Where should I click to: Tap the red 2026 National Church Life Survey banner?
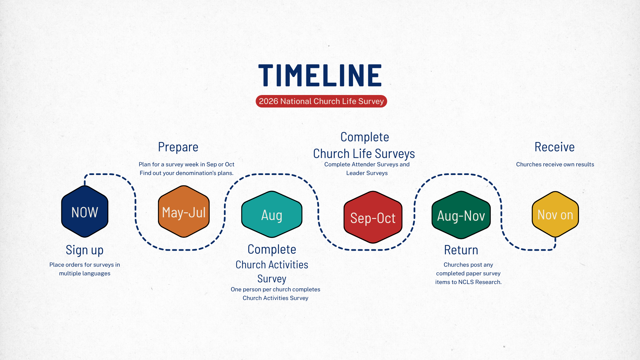(321, 101)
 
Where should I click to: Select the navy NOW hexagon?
(85, 212)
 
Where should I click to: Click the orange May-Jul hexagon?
(184, 212)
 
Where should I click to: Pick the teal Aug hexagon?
(272, 214)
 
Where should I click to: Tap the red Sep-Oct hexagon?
(373, 217)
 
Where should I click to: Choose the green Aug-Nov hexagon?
(461, 215)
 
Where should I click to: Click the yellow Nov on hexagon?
(555, 214)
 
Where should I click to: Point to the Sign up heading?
(85, 250)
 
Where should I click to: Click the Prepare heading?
(178, 147)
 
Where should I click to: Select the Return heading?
(461, 250)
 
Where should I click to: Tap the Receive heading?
(555, 147)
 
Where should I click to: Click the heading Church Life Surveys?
(364, 154)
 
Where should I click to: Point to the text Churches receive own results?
(555, 164)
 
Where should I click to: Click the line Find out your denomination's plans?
(186, 173)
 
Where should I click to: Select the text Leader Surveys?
(367, 173)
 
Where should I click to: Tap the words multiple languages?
(85, 273)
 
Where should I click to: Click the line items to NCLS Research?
(468, 282)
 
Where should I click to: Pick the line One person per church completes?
(275, 289)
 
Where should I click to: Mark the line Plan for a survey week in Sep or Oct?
(186, 164)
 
